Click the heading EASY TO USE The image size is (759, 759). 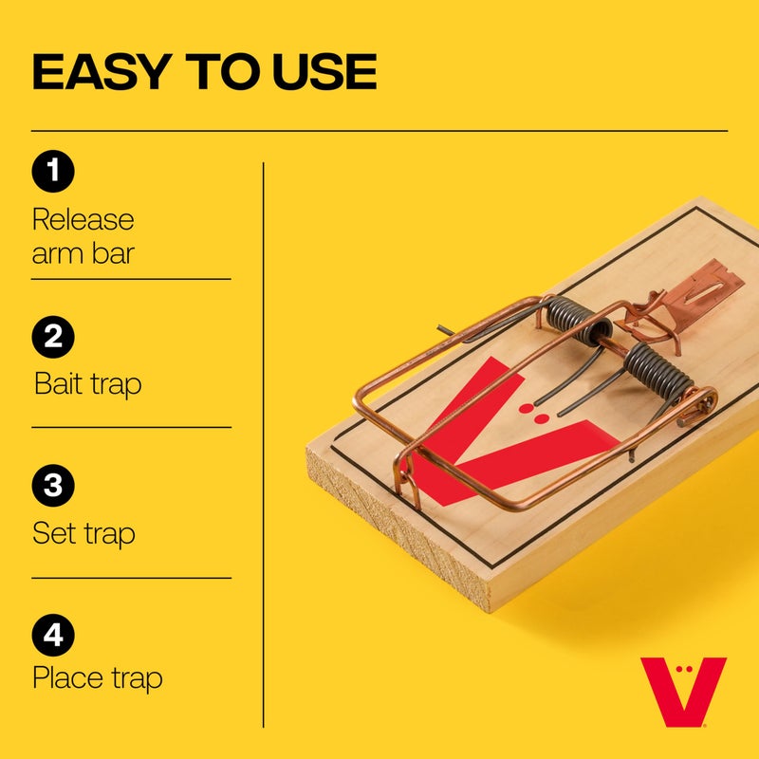point(204,72)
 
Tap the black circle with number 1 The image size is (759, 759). point(53,172)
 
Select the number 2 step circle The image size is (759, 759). point(53,337)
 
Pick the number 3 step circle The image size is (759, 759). point(53,485)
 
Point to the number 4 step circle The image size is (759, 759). point(53,633)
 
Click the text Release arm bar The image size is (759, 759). point(83,236)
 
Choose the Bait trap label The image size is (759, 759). point(87,384)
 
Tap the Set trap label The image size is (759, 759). point(83,533)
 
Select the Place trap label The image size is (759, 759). point(97,679)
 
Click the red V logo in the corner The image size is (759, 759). point(682,692)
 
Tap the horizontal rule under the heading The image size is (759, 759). point(379,130)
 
